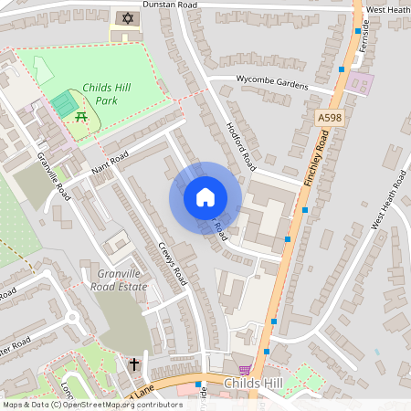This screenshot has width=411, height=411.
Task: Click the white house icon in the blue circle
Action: (x=205, y=196)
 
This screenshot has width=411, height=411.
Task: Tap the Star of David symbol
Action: (x=125, y=18)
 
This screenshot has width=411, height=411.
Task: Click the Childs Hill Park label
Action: (x=108, y=93)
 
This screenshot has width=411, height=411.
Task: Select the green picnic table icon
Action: (x=83, y=116)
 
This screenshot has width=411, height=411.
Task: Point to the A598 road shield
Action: (x=331, y=118)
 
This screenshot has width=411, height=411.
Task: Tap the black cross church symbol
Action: (x=133, y=364)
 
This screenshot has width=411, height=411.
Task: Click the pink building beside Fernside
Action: (x=362, y=85)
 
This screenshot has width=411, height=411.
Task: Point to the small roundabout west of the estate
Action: (x=71, y=317)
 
